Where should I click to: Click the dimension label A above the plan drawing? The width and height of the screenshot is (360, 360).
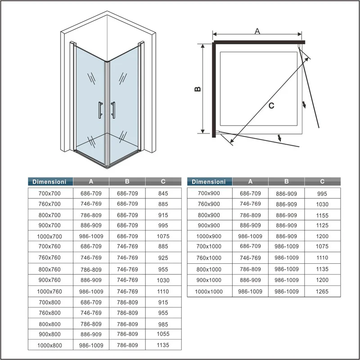tap(257, 31)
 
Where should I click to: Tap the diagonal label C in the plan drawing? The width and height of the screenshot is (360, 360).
tap(271, 106)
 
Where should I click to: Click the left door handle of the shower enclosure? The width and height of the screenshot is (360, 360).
tap(99, 110)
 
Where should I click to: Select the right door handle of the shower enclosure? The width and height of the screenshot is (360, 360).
tap(113, 110)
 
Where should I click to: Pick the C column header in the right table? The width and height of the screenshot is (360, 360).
tap(322, 181)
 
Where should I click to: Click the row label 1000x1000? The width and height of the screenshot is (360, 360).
tap(209, 292)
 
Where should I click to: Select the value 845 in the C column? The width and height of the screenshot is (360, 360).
tap(163, 193)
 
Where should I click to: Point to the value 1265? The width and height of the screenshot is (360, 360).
tap(322, 292)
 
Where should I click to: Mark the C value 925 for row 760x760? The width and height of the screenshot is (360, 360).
tap(163, 258)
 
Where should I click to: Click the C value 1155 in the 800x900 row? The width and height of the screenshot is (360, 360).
tap(322, 216)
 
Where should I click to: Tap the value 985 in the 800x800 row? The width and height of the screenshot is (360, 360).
tap(163, 324)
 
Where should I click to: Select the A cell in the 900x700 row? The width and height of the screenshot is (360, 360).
tap(91, 225)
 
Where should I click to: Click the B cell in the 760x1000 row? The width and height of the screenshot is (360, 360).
tap(286, 258)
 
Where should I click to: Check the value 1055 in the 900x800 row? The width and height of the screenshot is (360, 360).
tap(163, 335)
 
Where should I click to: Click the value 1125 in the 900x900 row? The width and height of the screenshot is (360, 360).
tap(322, 225)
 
